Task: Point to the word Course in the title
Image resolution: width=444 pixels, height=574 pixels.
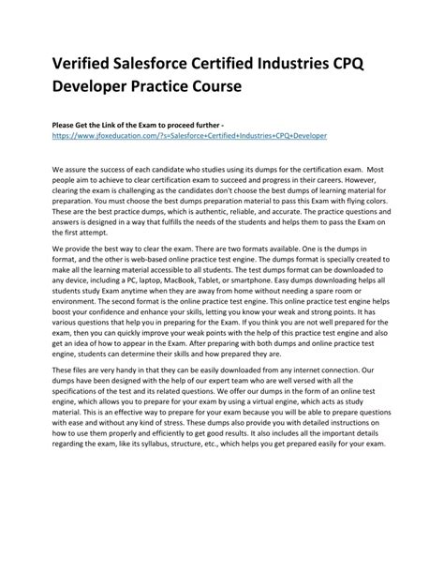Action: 213,85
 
